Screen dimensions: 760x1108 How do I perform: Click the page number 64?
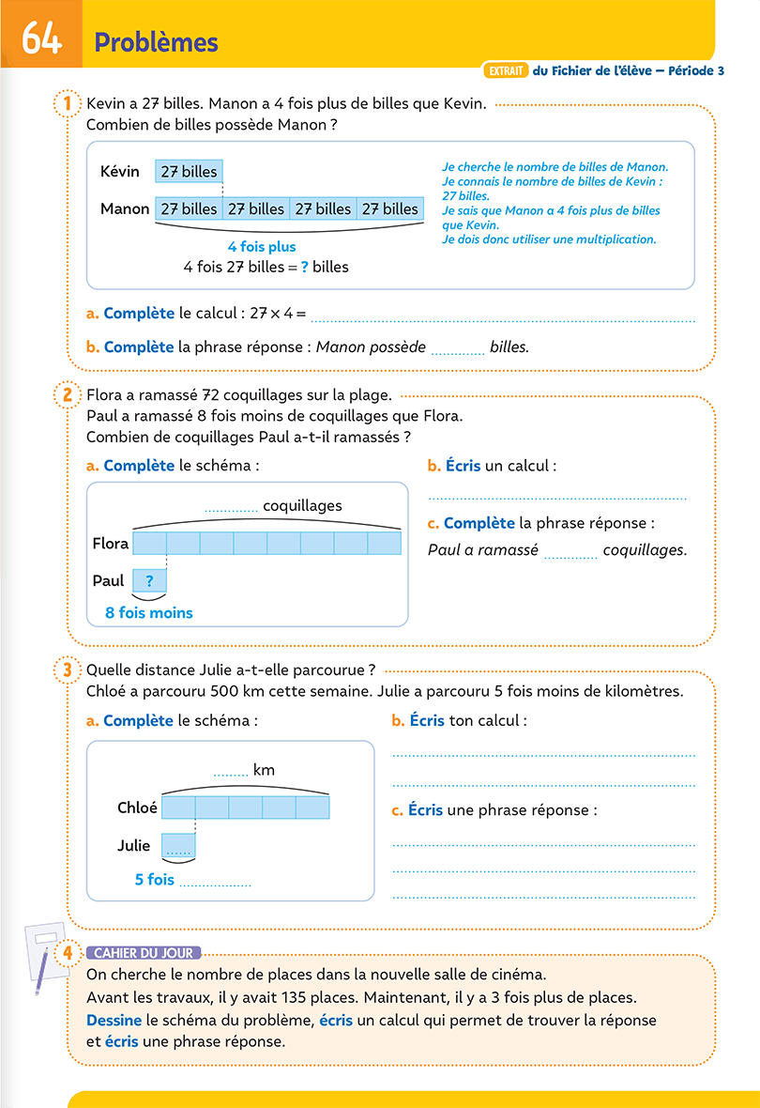(41, 38)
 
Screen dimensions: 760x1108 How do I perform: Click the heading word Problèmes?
(156, 42)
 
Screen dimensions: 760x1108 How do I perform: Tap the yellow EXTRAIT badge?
(506, 70)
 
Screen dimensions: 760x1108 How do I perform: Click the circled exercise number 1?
(68, 104)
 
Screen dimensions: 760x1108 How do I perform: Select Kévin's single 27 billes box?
(189, 172)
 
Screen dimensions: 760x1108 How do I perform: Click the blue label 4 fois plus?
(262, 247)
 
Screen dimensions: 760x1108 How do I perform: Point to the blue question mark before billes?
(304, 267)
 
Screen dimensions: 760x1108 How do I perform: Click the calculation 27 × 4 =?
(278, 313)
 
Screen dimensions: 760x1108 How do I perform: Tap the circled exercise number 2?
(68, 394)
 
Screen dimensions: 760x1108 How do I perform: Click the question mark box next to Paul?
(149, 581)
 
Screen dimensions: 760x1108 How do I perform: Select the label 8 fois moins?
(149, 612)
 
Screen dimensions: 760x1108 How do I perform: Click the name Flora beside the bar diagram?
(110, 544)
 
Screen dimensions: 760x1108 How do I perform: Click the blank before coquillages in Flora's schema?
(231, 509)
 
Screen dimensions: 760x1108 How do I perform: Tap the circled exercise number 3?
(68, 669)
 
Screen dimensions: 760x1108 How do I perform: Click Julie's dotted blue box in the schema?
(178, 845)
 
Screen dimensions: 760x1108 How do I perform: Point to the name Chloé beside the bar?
(137, 808)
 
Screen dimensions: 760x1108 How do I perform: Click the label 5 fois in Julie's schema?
(154, 880)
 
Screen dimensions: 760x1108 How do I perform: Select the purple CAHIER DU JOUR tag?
(144, 953)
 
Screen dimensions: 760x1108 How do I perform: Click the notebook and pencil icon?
(46, 955)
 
